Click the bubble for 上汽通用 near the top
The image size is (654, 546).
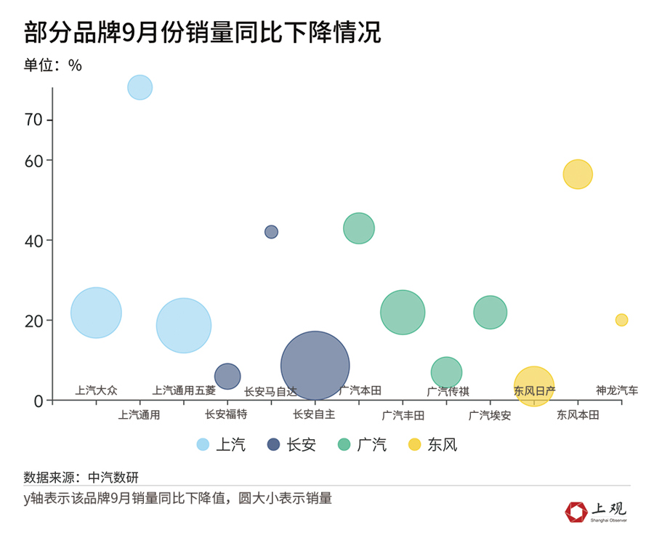[140, 87]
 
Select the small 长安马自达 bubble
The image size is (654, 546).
[271, 232]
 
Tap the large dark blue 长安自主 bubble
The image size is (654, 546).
[315, 366]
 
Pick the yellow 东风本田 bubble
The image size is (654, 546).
[578, 174]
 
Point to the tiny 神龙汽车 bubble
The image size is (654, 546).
[621, 320]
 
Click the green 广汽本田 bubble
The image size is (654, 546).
[358, 228]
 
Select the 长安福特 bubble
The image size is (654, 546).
[227, 376]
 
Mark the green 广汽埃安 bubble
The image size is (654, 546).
[490, 312]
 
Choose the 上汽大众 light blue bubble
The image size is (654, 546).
[96, 313]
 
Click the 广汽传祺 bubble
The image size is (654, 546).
[446, 372]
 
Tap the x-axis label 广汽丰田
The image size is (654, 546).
[403, 416]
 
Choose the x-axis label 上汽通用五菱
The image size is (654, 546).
[184, 390]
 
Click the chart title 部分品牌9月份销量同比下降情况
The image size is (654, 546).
[202, 32]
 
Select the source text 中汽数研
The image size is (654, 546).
[113, 478]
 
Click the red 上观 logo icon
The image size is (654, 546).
[576, 511]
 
